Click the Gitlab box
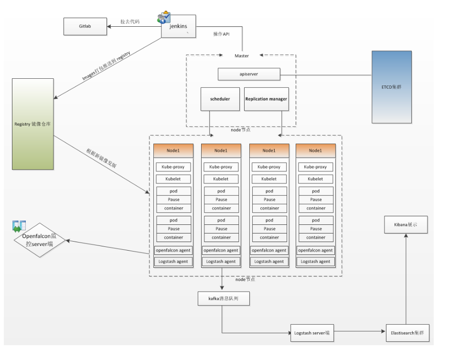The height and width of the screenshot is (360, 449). coord(85,26)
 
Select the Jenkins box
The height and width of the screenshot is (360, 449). coord(180,26)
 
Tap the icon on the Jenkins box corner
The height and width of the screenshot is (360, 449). coord(163,17)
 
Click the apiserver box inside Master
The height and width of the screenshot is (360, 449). coord(248,74)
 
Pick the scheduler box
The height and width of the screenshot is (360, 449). coord(220,99)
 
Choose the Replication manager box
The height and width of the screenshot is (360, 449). coord(266,99)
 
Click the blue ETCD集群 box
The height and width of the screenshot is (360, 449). coord(392,87)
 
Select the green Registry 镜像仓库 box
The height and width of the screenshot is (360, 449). coord(33,124)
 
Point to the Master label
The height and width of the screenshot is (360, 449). coord(242,56)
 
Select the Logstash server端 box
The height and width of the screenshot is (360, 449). coord(312,333)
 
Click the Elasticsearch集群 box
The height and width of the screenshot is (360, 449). coord(406,333)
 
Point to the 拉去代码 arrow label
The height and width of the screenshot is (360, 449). coord(129,21)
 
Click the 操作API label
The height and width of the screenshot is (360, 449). coord(222,34)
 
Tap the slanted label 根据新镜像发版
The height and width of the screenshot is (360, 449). coord(101,158)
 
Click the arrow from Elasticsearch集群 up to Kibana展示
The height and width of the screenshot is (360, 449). coord(406,277)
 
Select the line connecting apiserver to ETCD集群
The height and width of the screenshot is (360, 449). coord(325,74)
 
